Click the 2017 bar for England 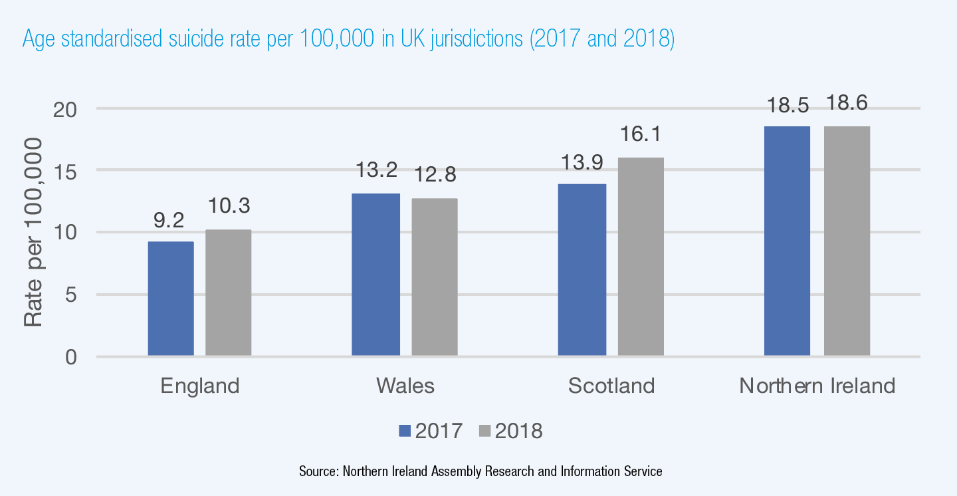[x=171, y=299]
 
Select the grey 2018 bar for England [x=228, y=293]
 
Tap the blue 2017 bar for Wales [x=375, y=275]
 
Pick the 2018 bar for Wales [x=434, y=277]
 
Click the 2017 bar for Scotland [x=582, y=270]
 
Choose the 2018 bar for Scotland [x=641, y=257]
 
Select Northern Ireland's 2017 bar [x=787, y=241]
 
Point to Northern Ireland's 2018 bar [x=847, y=241]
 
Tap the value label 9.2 [x=170, y=220]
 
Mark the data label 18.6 [x=847, y=104]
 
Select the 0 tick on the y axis [x=72, y=357]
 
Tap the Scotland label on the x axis [x=611, y=386]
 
